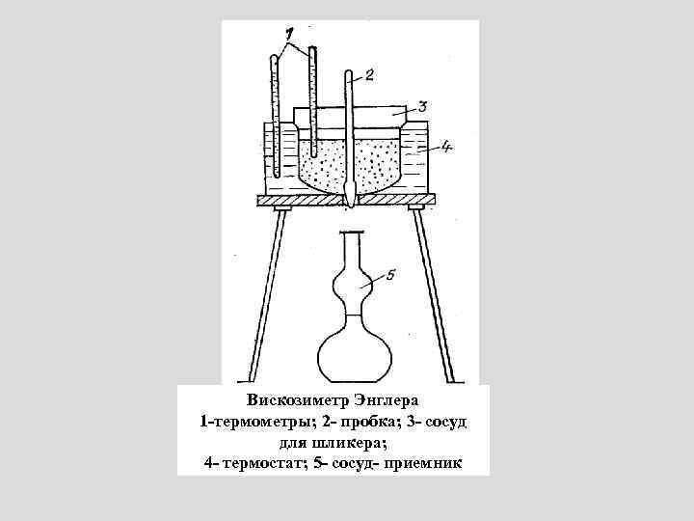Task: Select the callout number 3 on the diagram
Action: (x=422, y=106)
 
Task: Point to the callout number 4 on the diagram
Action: (x=446, y=147)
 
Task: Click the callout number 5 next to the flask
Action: (x=389, y=275)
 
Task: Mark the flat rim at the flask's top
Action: (x=353, y=233)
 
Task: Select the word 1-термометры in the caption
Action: (x=249, y=422)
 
